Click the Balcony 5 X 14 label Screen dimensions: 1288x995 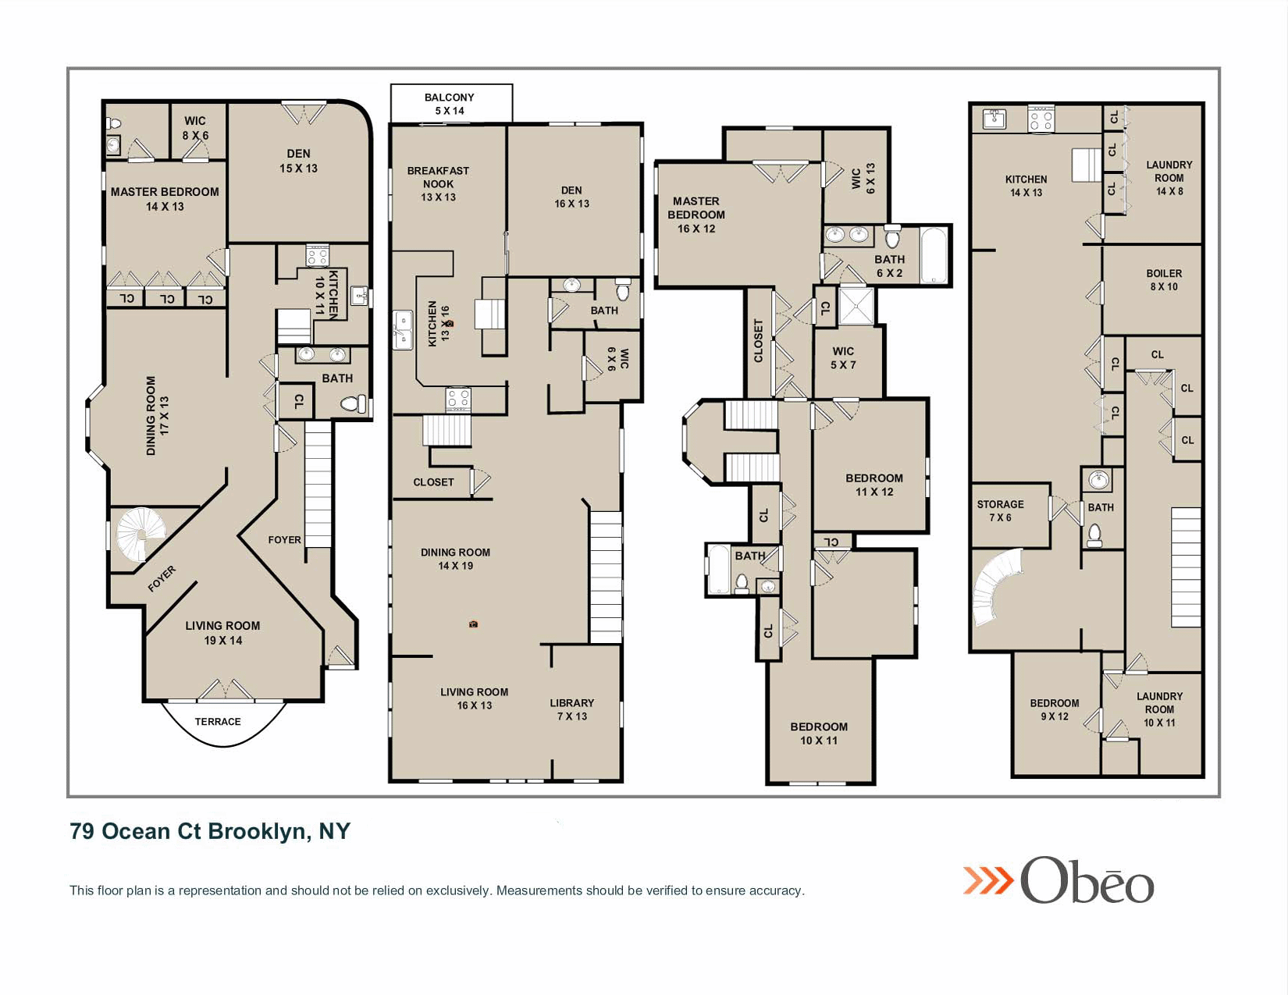coord(450,104)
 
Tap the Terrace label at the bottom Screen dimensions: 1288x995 coord(218,721)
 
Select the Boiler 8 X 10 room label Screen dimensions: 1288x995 coord(1164,279)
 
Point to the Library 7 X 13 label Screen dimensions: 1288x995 coord(571,709)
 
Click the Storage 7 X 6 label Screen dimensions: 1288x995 coord(1000,510)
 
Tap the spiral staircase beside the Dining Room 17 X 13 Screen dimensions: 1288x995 coord(141,535)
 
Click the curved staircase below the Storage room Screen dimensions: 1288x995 coord(996,587)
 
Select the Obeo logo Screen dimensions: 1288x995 coord(1059,880)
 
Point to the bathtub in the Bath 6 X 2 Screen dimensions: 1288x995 coord(934,255)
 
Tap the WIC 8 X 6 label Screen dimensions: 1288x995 coord(195,128)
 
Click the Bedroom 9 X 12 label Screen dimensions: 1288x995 coord(1054,709)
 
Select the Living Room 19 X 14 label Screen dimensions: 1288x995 coord(222,632)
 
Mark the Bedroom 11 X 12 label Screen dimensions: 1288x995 coord(873,485)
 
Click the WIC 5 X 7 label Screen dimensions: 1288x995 coord(843,358)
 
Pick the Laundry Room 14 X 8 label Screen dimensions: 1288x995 coord(1169,178)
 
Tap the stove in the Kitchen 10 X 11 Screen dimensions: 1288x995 coord(317,255)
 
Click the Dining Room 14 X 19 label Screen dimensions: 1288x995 coord(455,559)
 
